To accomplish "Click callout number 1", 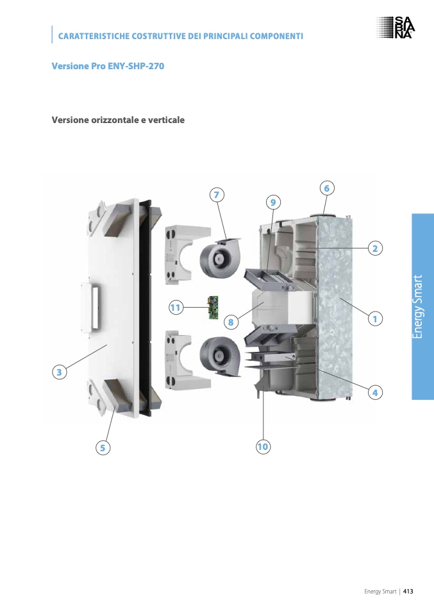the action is point(375,319).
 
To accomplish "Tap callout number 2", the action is point(375,248).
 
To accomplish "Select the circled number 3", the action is point(59,372).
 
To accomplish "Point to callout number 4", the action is point(375,392).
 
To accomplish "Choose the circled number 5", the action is point(103,447).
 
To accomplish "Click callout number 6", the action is point(327,188).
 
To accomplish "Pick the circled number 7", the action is point(217,195).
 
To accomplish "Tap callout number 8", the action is point(231,322).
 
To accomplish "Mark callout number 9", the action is point(273,203).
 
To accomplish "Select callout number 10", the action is point(263,447).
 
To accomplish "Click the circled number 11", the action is point(176,308).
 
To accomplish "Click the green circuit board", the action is point(213,308).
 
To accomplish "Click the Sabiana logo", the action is point(396,28).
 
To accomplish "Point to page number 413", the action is point(408,592).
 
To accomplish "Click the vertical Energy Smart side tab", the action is point(422,306).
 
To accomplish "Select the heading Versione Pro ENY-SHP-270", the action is point(108,66).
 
